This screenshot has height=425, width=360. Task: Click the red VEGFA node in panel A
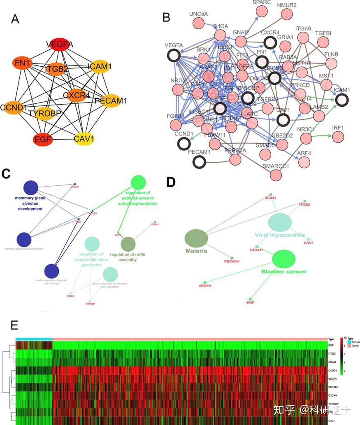coord(60,44)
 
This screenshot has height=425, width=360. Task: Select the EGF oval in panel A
coord(43,139)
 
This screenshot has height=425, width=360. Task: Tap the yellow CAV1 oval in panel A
coord(84,139)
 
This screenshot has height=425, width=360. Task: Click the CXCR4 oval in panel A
coord(76,96)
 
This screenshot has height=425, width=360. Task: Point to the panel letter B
coord(166,17)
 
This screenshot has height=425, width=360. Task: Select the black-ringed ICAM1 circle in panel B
coord(342,100)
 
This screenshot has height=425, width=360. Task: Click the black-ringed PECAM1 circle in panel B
coord(200,162)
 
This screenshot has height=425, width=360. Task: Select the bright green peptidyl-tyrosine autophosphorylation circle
coord(138,182)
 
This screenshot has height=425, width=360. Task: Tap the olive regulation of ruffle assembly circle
coord(128,244)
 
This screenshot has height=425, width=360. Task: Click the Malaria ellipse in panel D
coord(196,239)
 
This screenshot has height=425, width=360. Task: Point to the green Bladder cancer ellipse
coord(283,259)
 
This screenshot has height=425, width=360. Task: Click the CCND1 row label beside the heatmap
coord(331,370)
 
